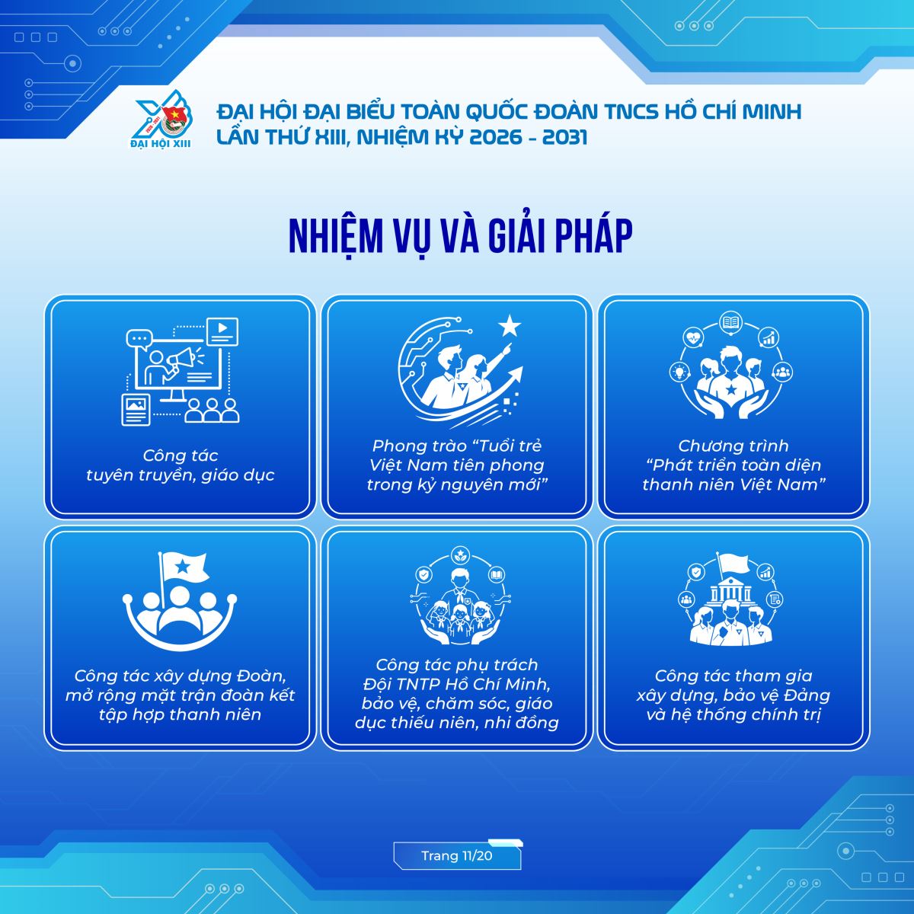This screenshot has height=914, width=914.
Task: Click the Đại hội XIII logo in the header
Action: [x=162, y=120]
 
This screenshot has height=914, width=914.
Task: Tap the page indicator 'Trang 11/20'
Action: [x=457, y=855]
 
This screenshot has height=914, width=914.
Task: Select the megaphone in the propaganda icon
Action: [x=182, y=358]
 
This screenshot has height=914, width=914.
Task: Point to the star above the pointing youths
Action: [x=510, y=325]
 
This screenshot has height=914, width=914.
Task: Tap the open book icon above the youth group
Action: [x=731, y=322]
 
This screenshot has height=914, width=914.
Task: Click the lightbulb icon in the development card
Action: [x=679, y=371]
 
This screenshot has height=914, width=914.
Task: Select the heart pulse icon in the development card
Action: [x=693, y=338]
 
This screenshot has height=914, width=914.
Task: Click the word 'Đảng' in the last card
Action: [x=807, y=695]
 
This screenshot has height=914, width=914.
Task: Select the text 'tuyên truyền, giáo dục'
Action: [x=181, y=475]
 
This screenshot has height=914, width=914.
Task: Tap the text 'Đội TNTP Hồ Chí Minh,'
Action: [x=457, y=685]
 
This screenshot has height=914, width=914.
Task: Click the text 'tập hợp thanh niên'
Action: [x=181, y=714]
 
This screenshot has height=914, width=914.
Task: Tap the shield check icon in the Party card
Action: [x=696, y=572]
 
